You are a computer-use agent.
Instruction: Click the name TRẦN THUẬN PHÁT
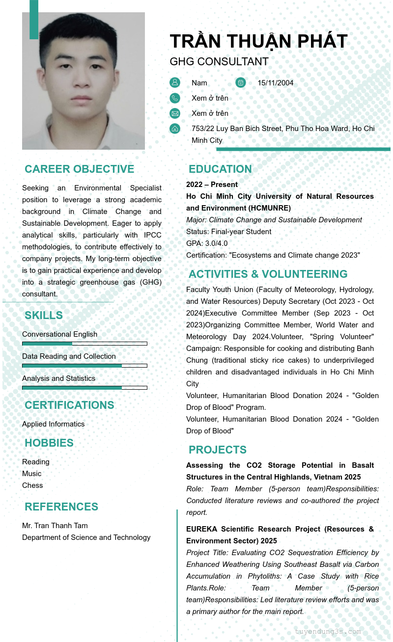click(258, 42)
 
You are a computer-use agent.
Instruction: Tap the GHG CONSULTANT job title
click(219, 62)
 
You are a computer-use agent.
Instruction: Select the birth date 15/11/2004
click(275, 83)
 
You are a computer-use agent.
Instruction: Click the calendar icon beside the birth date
click(241, 82)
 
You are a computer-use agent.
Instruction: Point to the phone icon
click(175, 98)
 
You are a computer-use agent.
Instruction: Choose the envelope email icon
click(175, 113)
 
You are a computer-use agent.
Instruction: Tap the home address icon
click(175, 129)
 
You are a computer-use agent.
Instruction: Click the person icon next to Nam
click(175, 82)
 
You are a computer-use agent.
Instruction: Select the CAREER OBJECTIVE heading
click(79, 169)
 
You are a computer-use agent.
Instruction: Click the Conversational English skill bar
click(84, 344)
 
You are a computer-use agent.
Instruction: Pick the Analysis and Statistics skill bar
click(84, 388)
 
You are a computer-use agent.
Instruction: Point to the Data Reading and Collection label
click(69, 356)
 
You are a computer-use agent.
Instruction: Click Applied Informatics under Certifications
click(53, 424)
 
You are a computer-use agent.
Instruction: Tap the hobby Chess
click(32, 485)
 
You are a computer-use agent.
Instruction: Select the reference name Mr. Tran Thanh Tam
click(55, 526)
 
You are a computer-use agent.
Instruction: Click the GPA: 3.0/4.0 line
click(207, 243)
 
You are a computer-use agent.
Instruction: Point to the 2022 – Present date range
click(212, 185)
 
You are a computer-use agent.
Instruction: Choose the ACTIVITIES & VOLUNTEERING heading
click(268, 274)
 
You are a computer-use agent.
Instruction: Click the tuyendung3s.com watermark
click(328, 632)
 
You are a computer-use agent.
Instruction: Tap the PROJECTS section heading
click(218, 450)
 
